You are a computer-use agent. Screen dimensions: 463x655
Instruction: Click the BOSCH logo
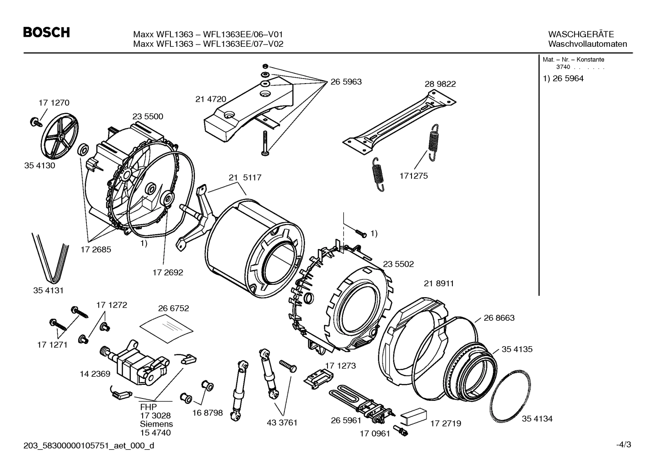pyautogui.click(x=46, y=33)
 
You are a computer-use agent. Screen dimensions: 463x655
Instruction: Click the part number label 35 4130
pyautogui.click(x=40, y=165)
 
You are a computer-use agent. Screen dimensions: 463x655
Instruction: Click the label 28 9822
pyautogui.click(x=440, y=84)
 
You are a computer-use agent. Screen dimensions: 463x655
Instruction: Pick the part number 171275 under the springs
pyautogui.click(x=413, y=176)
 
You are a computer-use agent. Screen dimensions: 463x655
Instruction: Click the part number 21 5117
pyautogui.click(x=245, y=178)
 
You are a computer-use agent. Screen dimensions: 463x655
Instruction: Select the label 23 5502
pyautogui.click(x=398, y=264)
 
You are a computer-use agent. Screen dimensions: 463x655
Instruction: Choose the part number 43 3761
pyautogui.click(x=282, y=423)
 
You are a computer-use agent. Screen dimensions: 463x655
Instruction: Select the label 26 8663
pyautogui.click(x=499, y=318)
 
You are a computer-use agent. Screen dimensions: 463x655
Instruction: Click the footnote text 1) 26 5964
pyautogui.click(x=563, y=79)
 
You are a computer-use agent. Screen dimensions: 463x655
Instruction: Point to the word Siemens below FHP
pyautogui.click(x=156, y=423)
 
